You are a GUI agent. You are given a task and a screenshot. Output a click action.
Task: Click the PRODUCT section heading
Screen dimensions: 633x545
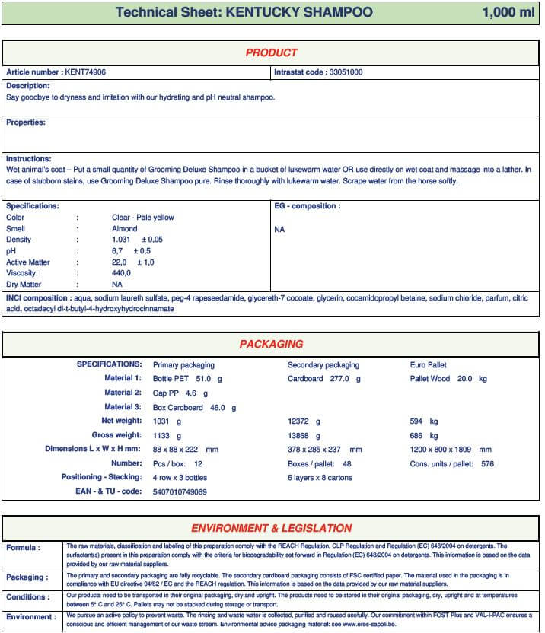tap(271, 53)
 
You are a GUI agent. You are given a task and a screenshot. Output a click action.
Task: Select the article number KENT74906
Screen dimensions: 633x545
tap(85, 72)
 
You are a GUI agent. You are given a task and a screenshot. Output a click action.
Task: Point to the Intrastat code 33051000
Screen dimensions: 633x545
tap(346, 72)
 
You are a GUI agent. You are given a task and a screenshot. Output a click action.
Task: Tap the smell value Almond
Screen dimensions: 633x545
tap(125, 228)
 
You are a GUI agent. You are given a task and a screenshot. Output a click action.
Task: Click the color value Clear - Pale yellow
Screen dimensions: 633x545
tap(143, 218)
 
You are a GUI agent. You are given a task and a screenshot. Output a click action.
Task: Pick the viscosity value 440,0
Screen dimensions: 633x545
tap(122, 273)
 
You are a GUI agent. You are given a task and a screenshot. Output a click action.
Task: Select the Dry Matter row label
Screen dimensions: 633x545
tap(24, 284)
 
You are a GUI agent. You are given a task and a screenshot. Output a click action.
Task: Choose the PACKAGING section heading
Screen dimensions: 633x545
tap(271, 345)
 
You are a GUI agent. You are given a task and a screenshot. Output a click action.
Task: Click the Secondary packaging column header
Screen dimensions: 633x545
tap(323, 365)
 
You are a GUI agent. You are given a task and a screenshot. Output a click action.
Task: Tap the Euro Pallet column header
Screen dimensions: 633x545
tap(429, 365)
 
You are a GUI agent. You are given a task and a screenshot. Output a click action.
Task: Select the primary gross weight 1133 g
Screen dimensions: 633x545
tap(167, 436)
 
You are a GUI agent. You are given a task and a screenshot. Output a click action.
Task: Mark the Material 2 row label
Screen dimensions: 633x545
tap(123, 393)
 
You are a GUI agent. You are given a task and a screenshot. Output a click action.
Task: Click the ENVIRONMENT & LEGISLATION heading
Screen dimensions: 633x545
tap(271, 528)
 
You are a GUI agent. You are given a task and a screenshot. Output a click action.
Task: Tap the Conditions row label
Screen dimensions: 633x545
tap(27, 597)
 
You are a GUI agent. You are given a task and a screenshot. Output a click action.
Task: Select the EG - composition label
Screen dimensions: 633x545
tap(307, 206)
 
